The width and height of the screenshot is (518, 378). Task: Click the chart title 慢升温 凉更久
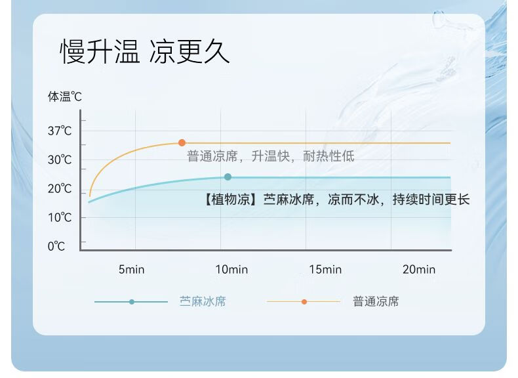click(x=145, y=51)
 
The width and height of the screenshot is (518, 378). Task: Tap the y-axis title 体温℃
click(x=65, y=96)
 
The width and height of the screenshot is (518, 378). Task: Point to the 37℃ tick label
click(x=60, y=131)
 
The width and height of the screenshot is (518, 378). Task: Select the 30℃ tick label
click(x=60, y=160)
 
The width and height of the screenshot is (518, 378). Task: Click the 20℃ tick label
click(x=60, y=189)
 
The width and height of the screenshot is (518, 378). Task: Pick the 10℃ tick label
click(x=60, y=218)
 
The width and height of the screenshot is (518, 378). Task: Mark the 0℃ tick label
click(x=56, y=246)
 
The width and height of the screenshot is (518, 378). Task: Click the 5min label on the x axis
click(x=132, y=270)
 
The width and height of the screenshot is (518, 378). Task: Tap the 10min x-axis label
click(x=231, y=270)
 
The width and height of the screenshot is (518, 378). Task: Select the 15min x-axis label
click(x=325, y=270)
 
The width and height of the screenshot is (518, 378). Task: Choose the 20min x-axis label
click(x=419, y=270)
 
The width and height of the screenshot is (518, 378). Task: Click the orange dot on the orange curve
click(x=182, y=143)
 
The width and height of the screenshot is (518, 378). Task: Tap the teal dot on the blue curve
click(x=228, y=177)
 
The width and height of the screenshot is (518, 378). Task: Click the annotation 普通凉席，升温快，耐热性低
click(x=271, y=156)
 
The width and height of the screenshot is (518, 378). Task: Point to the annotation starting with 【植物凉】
click(x=336, y=199)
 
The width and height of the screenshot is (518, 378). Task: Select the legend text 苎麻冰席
click(x=203, y=302)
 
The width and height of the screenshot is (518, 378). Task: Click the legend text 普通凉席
click(x=376, y=302)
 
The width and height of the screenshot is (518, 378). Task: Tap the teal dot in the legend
click(x=132, y=302)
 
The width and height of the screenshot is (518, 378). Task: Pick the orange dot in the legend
click(x=304, y=302)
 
